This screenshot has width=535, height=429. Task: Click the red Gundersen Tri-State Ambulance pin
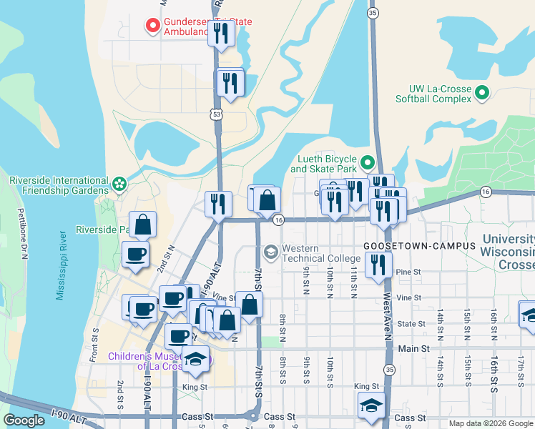[152, 26]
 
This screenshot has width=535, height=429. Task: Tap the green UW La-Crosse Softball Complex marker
[482, 93]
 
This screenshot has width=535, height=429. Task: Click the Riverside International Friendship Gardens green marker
[119, 184]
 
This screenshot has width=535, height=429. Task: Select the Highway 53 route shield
[216, 114]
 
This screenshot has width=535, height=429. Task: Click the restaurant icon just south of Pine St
[378, 265]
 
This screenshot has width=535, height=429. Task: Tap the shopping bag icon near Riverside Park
[143, 225]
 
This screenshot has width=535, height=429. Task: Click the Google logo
[24, 420]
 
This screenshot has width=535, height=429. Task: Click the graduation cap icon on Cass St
[371, 406]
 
